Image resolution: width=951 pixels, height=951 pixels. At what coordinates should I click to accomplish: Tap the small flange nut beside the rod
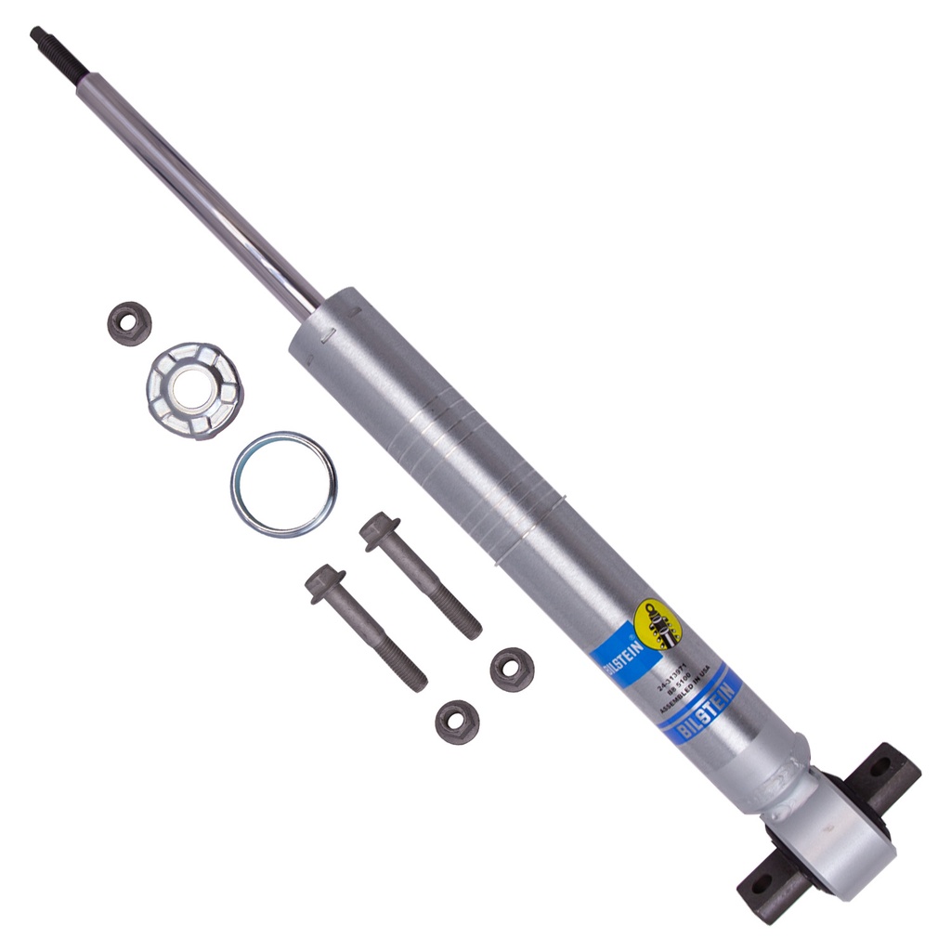click(129, 323)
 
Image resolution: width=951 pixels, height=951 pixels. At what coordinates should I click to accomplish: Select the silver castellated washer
click(194, 390)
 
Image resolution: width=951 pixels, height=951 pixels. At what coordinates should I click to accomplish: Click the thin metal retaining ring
click(283, 483)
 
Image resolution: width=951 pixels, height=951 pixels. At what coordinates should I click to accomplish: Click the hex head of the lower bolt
click(324, 582)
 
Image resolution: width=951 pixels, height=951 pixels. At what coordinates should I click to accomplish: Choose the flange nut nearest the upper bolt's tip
click(512, 669)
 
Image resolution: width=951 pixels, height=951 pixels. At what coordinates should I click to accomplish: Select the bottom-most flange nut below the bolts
click(457, 722)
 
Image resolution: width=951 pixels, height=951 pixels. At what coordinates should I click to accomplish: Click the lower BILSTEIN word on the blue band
click(707, 711)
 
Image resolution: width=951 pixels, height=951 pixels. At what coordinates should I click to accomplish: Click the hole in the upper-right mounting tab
click(880, 767)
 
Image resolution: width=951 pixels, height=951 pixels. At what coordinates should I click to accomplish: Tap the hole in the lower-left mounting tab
click(761, 882)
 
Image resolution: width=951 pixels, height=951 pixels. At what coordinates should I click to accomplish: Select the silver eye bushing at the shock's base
click(827, 829)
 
